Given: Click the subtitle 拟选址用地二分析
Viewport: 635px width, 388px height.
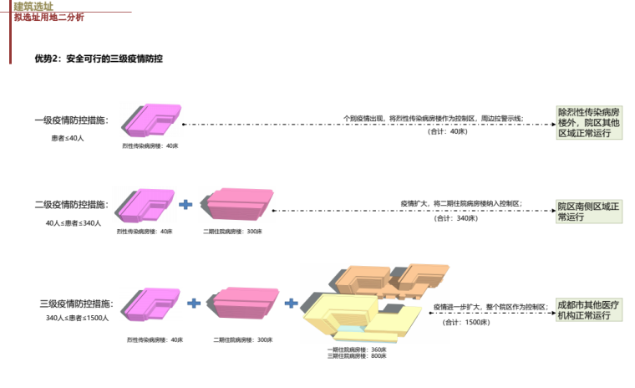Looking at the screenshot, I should pyautogui.click(x=48, y=18).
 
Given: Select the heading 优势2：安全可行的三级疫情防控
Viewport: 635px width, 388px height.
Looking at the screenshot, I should pyautogui.click(x=98, y=59).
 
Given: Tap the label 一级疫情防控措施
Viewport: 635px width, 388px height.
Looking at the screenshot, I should pyautogui.click(x=71, y=121).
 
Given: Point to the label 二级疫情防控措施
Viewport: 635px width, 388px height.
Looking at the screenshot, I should pyautogui.click(x=71, y=205).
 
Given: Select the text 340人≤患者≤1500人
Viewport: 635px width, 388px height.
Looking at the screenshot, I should pyautogui.click(x=77, y=318).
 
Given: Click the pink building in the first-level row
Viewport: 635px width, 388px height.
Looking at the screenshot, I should pyautogui.click(x=151, y=119).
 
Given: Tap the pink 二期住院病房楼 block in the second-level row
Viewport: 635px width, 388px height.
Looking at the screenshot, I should pyautogui.click(x=240, y=203).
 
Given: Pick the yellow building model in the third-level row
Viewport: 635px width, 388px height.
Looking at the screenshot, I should pyautogui.click(x=351, y=318).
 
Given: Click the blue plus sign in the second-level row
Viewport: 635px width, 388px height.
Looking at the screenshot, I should pyautogui.click(x=185, y=204).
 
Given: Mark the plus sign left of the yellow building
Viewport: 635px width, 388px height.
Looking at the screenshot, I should pyautogui.click(x=292, y=302).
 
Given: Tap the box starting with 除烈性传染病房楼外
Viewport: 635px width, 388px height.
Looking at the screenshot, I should pyautogui.click(x=589, y=122).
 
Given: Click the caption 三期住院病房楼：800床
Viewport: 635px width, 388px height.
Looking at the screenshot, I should pyautogui.click(x=357, y=356).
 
